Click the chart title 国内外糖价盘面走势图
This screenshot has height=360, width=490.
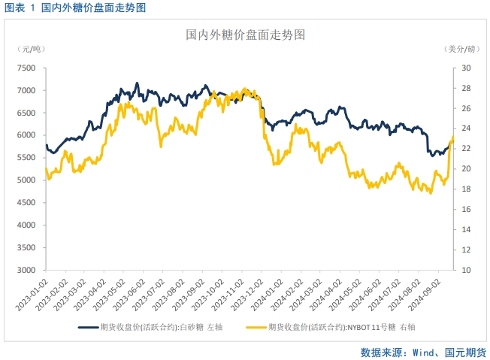coord(245,35)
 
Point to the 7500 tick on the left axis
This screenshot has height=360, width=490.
coord(26,68)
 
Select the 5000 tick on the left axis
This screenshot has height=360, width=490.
coord(26,180)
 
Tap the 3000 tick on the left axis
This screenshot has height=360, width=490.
coord(26,270)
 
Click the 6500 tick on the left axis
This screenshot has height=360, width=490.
coord(26,113)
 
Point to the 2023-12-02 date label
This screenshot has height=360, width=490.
coord(256,294)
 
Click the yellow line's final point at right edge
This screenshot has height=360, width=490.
coord(452,137)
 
